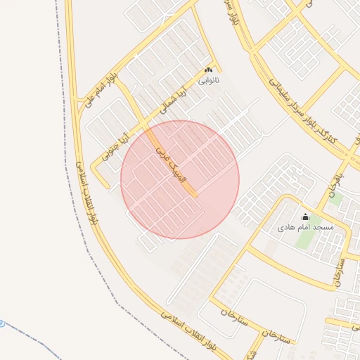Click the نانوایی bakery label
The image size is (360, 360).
(207, 81)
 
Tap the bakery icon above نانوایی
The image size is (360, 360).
(207, 70)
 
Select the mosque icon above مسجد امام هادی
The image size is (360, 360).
(305, 217)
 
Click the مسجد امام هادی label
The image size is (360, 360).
(305, 229)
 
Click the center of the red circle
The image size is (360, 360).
(180, 179)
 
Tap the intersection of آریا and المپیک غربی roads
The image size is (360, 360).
(146, 129)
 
